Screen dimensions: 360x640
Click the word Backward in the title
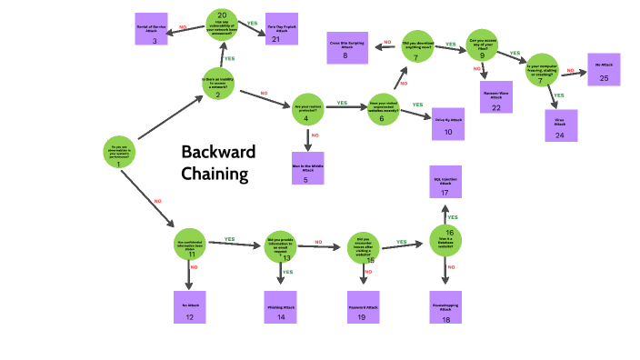click(218, 152)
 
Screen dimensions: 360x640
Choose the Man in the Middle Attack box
click(306, 167)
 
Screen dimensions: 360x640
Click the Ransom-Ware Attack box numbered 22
click(496, 98)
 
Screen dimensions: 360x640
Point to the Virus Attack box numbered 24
click(560, 125)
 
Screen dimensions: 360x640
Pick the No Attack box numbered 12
click(190, 307)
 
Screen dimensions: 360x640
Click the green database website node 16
click(448, 240)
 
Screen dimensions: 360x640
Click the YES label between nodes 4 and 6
click(343, 103)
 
